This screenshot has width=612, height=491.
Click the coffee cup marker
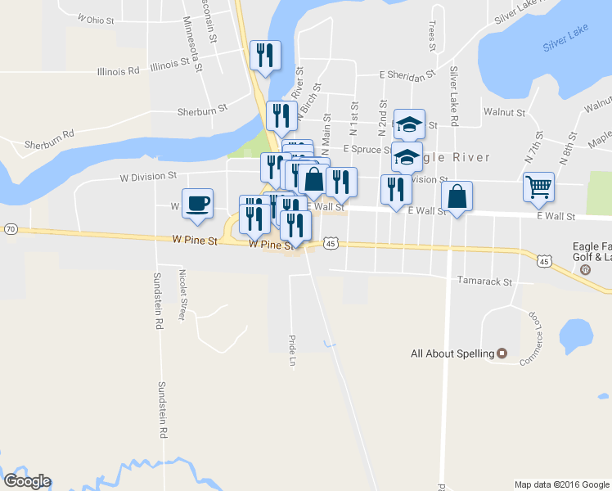(197, 203)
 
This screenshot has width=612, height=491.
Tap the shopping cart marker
(539, 187)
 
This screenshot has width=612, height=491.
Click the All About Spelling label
(452, 354)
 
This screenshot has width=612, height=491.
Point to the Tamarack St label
(484, 281)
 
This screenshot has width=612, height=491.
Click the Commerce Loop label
(533, 332)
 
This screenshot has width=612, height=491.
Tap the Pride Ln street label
(291, 349)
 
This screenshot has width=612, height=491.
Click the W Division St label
(148, 176)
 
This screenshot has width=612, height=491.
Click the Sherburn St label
(200, 110)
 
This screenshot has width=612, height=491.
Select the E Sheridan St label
(407, 75)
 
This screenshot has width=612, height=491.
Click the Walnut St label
(503, 110)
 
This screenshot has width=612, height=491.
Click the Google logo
(27, 481)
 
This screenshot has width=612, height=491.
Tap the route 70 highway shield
(10, 229)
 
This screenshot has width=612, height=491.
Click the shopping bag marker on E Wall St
(457, 197)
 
